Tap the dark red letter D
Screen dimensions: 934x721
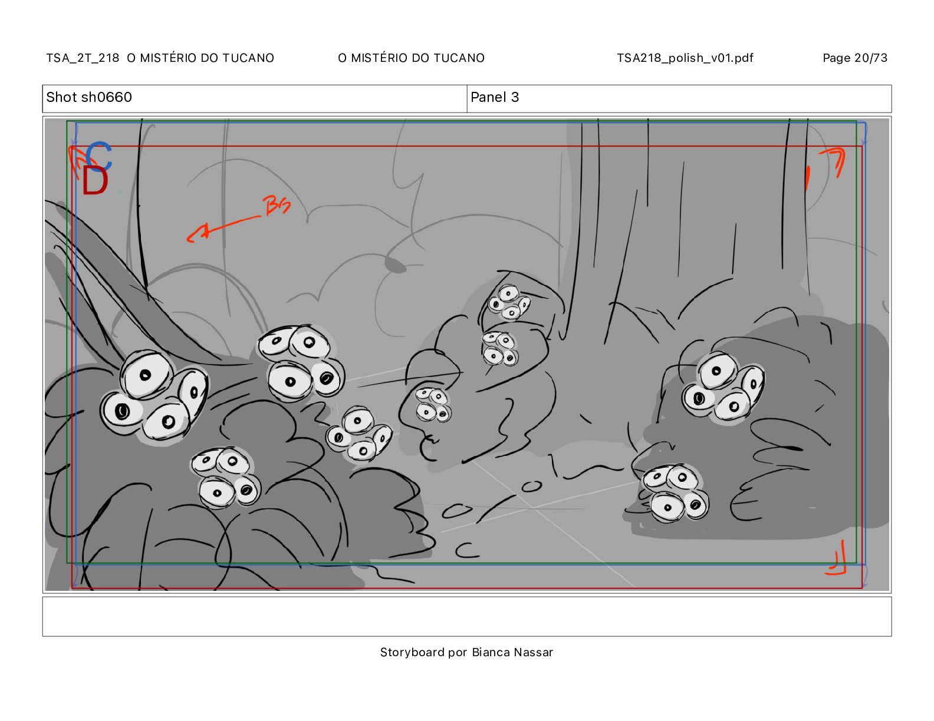coord(94,181)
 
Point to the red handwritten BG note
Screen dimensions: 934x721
coord(276,205)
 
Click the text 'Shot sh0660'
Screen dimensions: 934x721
coord(89,97)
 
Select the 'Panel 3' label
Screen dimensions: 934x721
coord(495,97)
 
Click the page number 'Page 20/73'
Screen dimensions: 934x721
coord(855,58)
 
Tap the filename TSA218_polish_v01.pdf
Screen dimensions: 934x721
coord(685,58)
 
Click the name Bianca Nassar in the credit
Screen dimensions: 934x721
coord(512,652)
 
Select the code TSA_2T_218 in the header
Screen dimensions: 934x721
coord(83,58)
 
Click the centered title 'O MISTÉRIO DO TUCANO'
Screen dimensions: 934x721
coord(412,58)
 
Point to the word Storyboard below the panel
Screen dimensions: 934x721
coord(412,652)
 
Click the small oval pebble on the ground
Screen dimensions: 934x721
coord(532,487)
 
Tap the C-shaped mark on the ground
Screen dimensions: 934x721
coord(466,550)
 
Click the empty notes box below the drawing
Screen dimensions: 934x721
coord(467,616)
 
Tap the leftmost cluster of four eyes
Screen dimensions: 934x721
coord(154,395)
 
